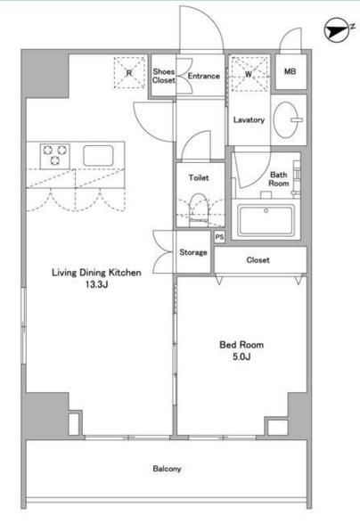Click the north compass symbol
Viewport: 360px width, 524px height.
(338, 30)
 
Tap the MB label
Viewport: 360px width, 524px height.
(290, 71)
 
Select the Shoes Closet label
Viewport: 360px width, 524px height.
(164, 76)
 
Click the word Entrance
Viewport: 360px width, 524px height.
(203, 76)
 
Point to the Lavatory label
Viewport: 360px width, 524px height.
(249, 120)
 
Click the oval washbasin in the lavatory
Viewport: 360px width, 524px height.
(286, 119)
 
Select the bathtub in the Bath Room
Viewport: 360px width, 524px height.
(266, 219)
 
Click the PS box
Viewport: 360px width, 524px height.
(219, 237)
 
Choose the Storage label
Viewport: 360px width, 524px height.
(193, 252)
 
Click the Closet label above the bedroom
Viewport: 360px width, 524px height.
(258, 260)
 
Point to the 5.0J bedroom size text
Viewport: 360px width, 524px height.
(241, 356)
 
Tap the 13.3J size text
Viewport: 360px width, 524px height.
(96, 284)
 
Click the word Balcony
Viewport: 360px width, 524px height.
(167, 469)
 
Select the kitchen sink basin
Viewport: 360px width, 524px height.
(98, 156)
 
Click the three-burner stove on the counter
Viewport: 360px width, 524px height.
(55, 156)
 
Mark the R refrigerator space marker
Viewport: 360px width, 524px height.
(130, 72)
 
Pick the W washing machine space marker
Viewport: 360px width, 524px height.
(250, 74)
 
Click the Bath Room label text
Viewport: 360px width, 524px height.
(279, 179)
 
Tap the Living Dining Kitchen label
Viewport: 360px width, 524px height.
(96, 273)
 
